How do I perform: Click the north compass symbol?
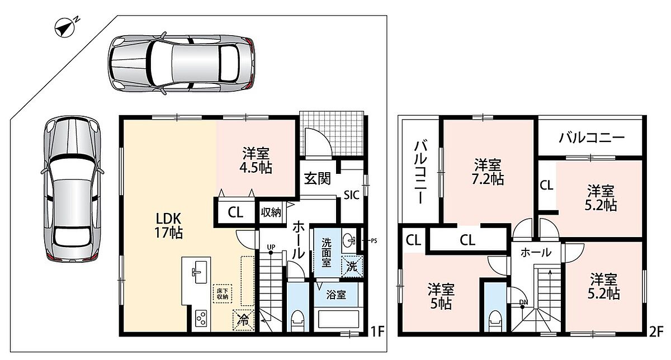[65, 29]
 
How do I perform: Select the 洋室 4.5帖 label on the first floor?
[256, 160]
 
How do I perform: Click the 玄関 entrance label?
[317, 179]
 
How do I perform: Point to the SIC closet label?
[351, 195]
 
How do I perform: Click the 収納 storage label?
[271, 212]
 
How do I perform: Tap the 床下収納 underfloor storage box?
[223, 294]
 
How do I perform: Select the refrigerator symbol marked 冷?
[243, 320]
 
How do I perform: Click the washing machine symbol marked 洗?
[352, 266]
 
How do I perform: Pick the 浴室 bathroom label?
[336, 295]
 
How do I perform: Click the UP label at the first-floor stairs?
[271, 247]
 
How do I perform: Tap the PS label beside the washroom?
[374, 240]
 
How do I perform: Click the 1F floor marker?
[377, 331]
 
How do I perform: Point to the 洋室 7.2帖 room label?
[488, 172]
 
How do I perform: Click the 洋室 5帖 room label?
[441, 296]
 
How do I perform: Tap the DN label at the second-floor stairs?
[523, 302]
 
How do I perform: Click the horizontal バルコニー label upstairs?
[592, 138]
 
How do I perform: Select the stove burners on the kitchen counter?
[201, 319]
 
